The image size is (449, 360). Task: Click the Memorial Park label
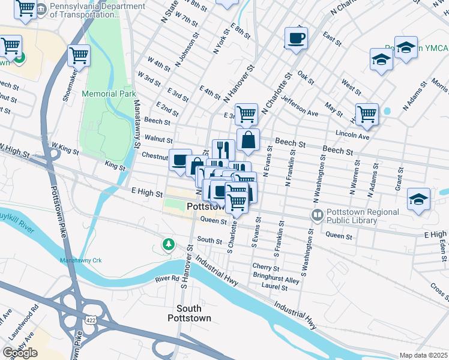pyautogui.click(x=109, y=94)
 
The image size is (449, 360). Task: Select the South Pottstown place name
pyautogui.click(x=193, y=313)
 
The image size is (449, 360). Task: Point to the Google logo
pyautogui.click(x=20, y=353)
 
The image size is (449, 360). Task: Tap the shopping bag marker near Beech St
pyautogui.click(x=248, y=140)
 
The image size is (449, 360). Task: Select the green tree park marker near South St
pyautogui.click(x=169, y=244)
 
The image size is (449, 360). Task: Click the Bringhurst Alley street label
pyautogui.click(x=276, y=280)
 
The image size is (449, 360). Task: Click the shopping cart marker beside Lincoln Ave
pyautogui.click(x=366, y=114)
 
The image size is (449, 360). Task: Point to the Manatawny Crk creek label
pyautogui.click(x=82, y=260)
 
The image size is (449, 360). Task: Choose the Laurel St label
pyautogui.click(x=275, y=288)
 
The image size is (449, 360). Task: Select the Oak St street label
pyautogui.click(x=306, y=77)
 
